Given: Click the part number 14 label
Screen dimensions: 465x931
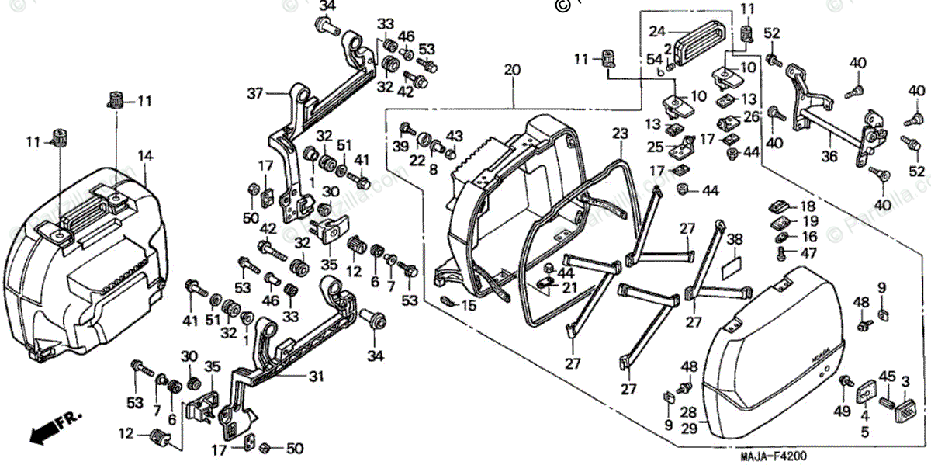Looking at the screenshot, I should tap(144, 155).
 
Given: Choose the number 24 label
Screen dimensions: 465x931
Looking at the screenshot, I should tap(658, 32).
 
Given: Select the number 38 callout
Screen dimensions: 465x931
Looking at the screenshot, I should tap(734, 240).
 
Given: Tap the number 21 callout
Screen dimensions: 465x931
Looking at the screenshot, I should tap(572, 288).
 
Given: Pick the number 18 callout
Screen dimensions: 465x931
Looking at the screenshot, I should tap(808, 207).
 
